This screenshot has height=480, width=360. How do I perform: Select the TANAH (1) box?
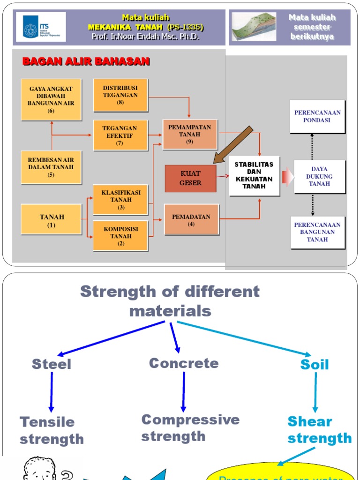click(51, 219)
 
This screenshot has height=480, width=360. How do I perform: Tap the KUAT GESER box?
click(190, 179)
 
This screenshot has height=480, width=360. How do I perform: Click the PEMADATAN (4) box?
click(191, 219)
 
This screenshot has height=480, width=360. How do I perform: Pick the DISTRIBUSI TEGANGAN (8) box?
click(120, 95)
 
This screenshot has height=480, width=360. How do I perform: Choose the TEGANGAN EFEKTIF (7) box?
click(120, 135)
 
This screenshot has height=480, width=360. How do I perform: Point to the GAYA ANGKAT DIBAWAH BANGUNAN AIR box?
click(51, 99)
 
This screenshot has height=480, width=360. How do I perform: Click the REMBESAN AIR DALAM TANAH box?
click(51, 167)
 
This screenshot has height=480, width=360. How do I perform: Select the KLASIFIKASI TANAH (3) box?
click(120, 200)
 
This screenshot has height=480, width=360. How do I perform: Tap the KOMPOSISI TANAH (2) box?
click(120, 236)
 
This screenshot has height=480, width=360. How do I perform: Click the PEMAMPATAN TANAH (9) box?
click(190, 135)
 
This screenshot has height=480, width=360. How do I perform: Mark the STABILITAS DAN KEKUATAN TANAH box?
click(255, 176)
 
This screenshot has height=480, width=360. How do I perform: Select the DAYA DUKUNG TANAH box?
click(319, 176)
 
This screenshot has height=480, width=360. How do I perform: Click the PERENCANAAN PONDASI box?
click(317, 116)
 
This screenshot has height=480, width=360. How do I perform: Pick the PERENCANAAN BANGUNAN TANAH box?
click(317, 232)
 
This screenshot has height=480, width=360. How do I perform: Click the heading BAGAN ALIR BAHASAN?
click(86, 61)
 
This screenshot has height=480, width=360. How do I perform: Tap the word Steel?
click(52, 364)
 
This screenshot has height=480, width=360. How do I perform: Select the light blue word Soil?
click(315, 365)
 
